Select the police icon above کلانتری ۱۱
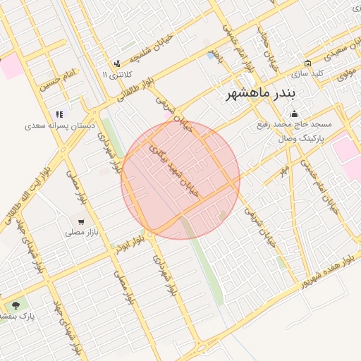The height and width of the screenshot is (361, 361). point(117,63)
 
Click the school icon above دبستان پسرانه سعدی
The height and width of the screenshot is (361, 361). point(60,114)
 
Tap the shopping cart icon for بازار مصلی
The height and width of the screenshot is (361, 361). point(82,222)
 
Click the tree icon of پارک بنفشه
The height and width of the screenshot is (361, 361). point(16,305)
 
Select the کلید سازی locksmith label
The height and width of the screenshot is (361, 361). point(307,73)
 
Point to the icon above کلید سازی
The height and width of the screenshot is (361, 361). point(307,63)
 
